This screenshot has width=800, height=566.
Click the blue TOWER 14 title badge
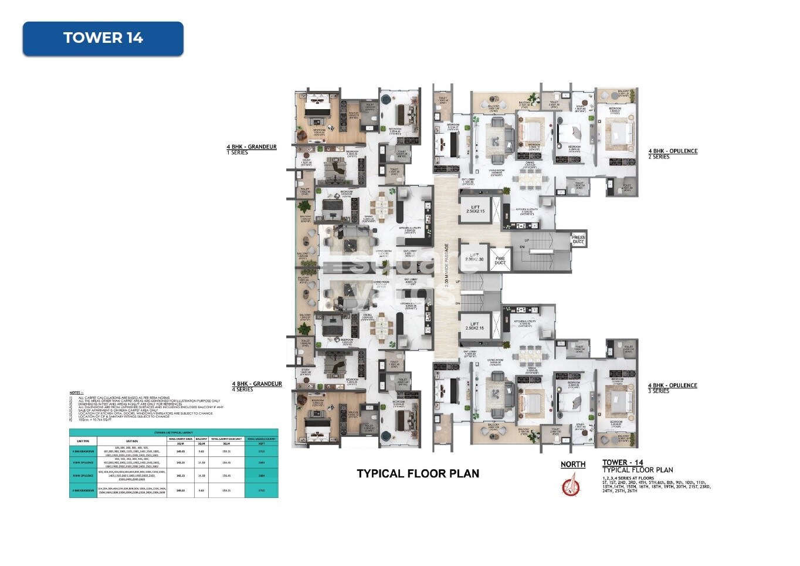pos(103,39)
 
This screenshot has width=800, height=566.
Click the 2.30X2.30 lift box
pos(474,257)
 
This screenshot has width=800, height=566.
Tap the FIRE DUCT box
pos(500,260)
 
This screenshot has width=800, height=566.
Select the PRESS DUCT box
pos(578,239)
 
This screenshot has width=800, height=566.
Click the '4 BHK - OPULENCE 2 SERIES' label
pos(672,154)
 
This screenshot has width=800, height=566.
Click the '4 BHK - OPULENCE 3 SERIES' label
pos(672,388)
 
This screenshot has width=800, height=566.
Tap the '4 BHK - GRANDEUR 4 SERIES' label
pos(256,387)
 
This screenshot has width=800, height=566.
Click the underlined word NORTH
pos(573,465)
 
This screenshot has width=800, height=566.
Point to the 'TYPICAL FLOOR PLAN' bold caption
pos(418,474)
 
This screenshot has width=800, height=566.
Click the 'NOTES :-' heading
pos(76,393)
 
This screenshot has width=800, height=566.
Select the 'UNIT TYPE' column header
pos(83,440)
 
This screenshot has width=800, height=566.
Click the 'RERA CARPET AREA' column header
pos(181,439)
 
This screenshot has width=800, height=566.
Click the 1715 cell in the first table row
pos(262,452)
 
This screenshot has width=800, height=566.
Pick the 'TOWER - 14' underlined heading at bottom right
pos(622,463)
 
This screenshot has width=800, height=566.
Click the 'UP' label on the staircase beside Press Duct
pos(526,240)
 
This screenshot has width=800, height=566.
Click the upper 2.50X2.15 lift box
pos(475,209)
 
